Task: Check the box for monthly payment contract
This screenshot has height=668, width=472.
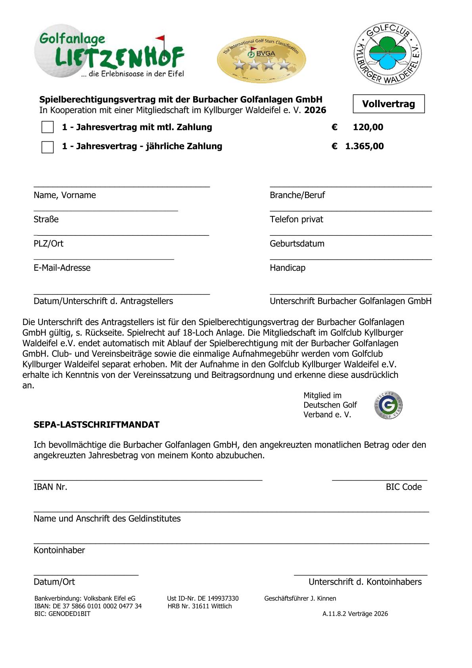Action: [48, 127]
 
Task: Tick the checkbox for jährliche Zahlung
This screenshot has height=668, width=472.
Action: [48, 147]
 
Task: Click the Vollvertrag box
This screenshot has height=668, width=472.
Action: [388, 104]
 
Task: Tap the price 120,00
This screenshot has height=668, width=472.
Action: [368, 127]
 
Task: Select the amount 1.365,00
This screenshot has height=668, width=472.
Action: [364, 146]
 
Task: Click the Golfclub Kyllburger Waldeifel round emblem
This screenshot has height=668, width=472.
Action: [388, 54]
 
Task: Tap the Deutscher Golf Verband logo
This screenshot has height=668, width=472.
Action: [388, 405]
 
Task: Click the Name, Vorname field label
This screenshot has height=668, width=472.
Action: [65, 195]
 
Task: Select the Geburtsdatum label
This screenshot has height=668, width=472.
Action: [297, 244]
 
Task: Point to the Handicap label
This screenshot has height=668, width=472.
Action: [288, 268]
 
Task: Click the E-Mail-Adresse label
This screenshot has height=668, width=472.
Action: [62, 268]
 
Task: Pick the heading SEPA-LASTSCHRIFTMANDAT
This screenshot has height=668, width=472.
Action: [96, 425]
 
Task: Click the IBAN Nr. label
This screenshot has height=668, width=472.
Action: [50, 487]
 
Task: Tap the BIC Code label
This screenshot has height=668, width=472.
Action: [403, 487]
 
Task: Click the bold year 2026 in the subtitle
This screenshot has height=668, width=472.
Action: [315, 110]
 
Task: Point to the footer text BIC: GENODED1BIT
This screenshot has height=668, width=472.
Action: [62, 614]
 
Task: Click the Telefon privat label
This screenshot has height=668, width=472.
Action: [296, 219]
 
